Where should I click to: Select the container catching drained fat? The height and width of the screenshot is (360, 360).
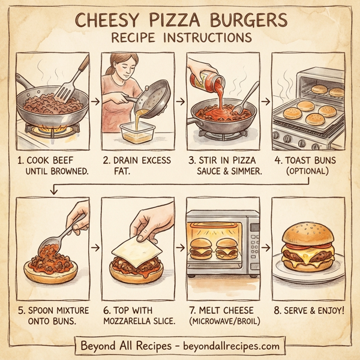pos(137,131)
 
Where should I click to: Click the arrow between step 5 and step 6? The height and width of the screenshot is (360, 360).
pos(93,246)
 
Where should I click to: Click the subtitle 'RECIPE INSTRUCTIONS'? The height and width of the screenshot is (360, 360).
pos(179,38)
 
